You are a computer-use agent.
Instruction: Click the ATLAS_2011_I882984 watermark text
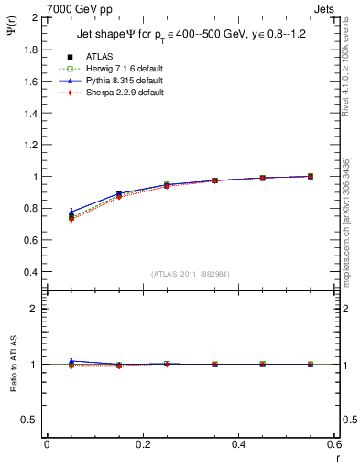pyautogui.click(x=190, y=275)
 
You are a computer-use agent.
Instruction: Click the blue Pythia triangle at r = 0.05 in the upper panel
pyautogui.click(x=71, y=212)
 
